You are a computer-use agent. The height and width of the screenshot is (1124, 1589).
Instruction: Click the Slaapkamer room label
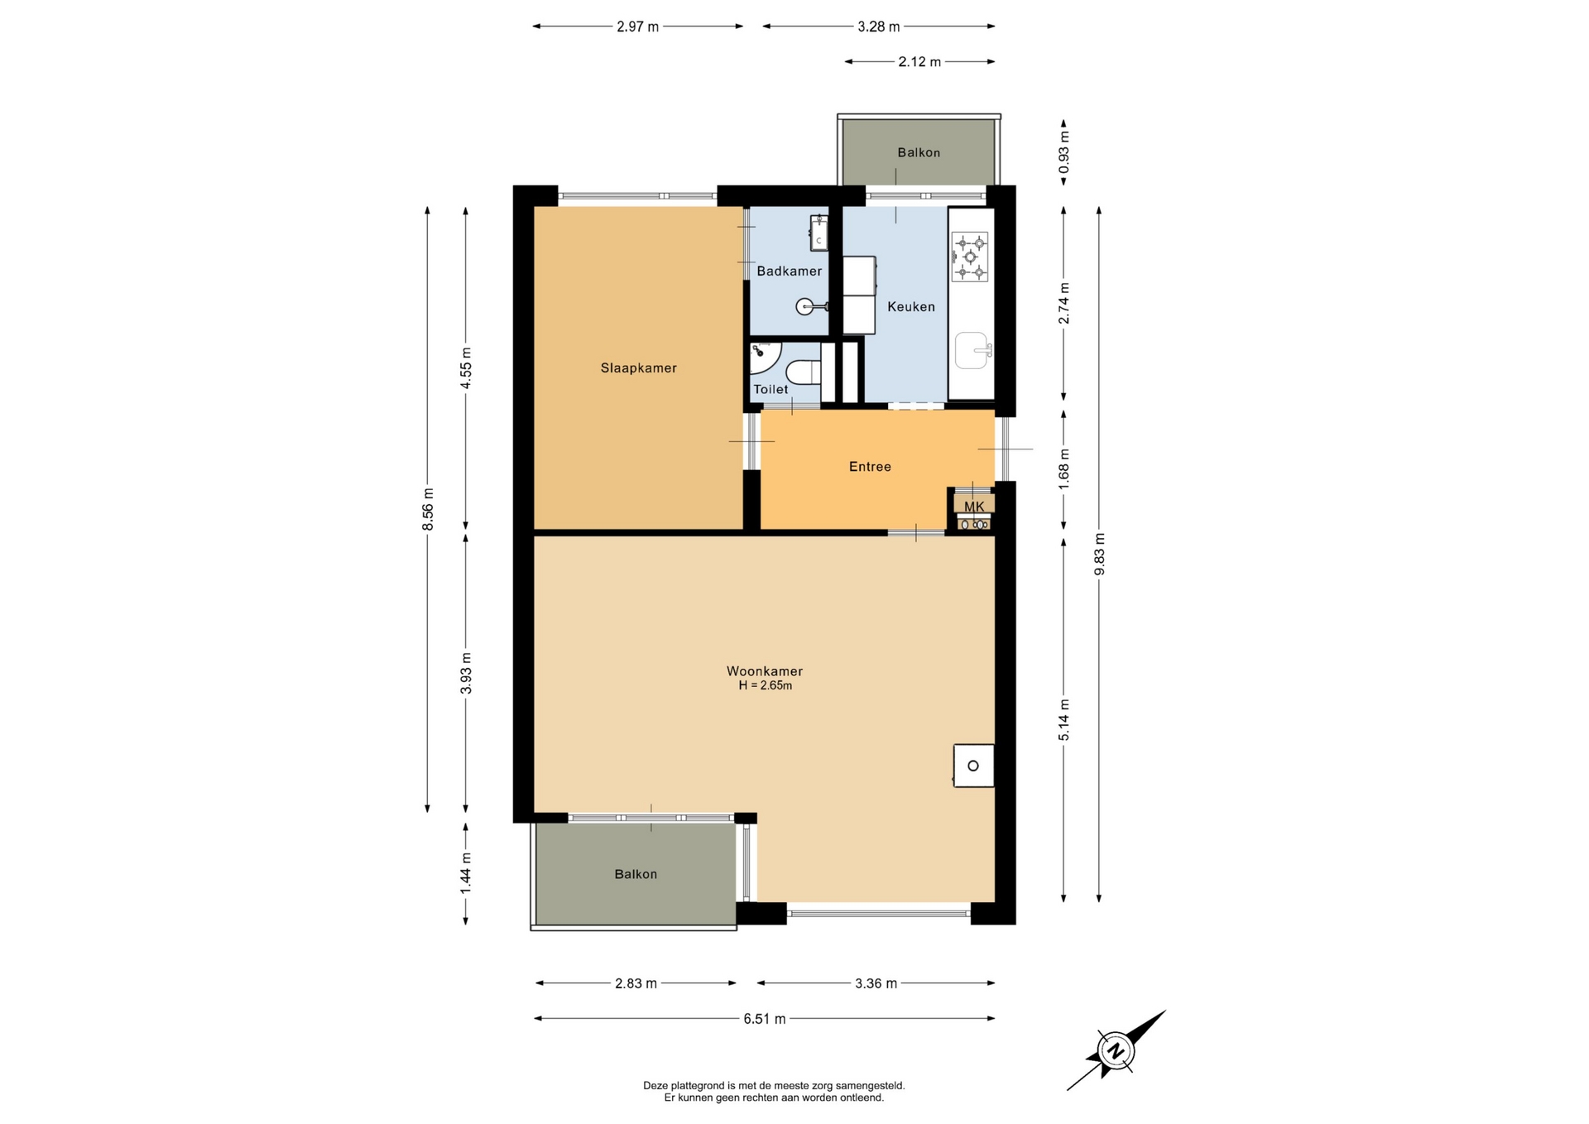tap(638, 368)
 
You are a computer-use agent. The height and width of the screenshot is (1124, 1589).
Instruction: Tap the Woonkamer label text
tap(765, 671)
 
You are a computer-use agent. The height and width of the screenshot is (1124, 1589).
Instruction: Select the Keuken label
tap(911, 306)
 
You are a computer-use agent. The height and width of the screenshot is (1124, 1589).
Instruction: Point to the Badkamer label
tap(790, 271)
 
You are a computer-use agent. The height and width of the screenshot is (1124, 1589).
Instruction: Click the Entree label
tap(870, 467)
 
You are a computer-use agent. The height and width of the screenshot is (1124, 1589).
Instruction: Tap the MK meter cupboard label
tap(974, 507)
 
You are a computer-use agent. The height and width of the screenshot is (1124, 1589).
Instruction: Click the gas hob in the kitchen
tap(970, 257)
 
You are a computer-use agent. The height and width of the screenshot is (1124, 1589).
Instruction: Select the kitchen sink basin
tap(972, 350)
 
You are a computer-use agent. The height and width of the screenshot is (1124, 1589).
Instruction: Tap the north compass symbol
tap(1116, 1051)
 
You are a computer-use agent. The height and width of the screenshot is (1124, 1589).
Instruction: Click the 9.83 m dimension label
tap(1099, 555)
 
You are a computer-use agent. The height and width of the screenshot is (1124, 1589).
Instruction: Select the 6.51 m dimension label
tap(764, 1019)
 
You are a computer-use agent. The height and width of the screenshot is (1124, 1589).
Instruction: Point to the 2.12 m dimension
tap(919, 61)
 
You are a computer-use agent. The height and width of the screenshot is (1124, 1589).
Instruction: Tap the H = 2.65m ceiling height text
tap(765, 686)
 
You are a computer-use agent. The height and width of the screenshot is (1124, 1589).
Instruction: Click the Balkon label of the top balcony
tap(919, 152)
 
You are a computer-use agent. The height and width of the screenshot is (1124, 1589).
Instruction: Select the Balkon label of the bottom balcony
tap(636, 874)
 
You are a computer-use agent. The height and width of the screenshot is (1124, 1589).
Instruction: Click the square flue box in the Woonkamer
tap(973, 766)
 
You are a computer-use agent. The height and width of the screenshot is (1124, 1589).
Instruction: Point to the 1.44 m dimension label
tap(466, 873)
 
